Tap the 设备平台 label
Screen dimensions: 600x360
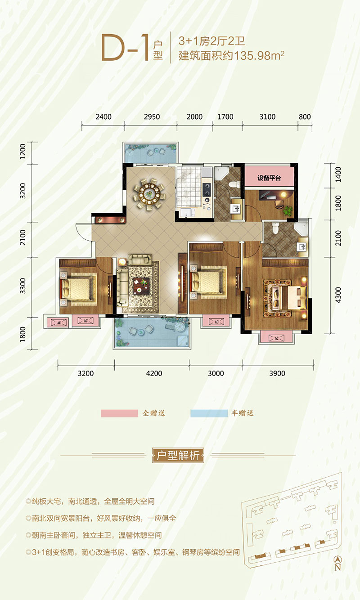click(x=270, y=178)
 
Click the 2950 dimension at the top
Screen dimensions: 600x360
click(x=152, y=117)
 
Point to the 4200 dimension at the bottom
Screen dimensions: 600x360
click(x=154, y=373)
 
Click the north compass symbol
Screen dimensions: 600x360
click(x=338, y=560)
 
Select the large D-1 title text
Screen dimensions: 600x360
click(x=125, y=48)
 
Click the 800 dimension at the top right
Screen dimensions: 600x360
click(x=305, y=117)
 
